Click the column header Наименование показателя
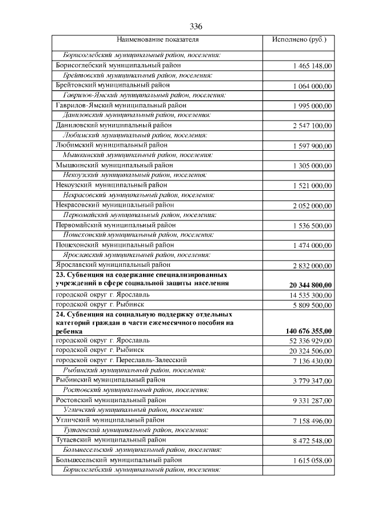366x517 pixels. pyautogui.click(x=157, y=41)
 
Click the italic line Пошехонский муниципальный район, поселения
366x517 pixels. pyautogui.click(x=138, y=235)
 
